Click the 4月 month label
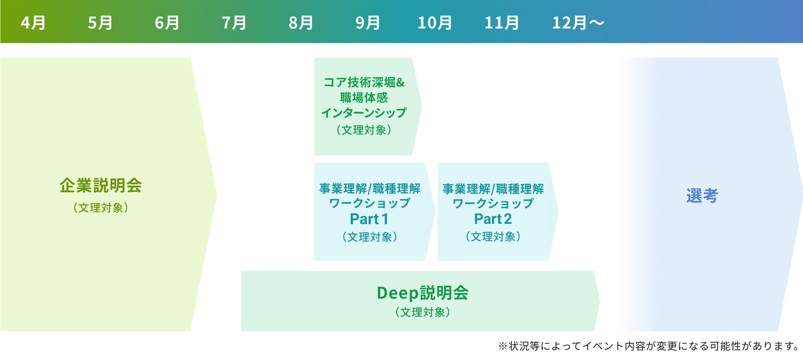(33, 23)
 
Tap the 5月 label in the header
(100, 23)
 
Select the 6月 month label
(167, 23)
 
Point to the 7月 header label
(234, 23)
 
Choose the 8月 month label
(301, 23)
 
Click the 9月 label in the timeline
(368, 23)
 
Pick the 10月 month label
(435, 23)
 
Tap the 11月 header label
(502, 23)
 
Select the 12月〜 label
(578, 23)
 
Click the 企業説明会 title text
(101, 185)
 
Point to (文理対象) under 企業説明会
(101, 208)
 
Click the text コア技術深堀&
(364, 83)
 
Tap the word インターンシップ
(364, 113)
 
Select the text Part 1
(369, 219)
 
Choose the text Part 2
(493, 219)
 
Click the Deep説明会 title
(423, 293)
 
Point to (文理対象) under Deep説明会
(423, 312)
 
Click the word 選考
(702, 196)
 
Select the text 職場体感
(364, 97)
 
